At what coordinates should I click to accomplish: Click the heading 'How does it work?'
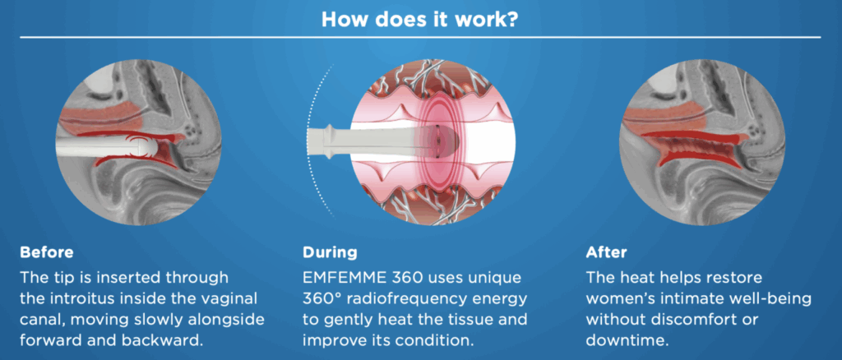click(x=420, y=19)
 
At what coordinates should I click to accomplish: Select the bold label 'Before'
click(x=46, y=252)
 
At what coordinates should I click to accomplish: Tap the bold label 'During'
click(x=330, y=252)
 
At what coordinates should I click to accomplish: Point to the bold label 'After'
click(x=606, y=252)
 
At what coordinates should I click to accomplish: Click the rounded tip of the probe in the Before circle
click(x=151, y=147)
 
